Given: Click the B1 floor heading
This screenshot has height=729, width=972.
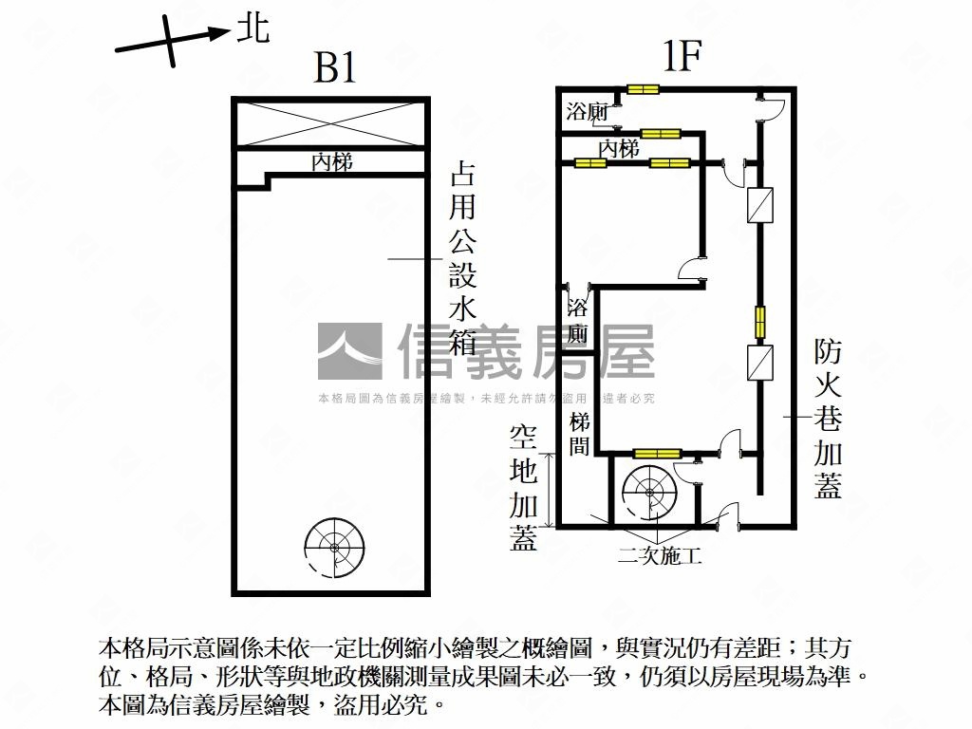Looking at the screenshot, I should point(335,67).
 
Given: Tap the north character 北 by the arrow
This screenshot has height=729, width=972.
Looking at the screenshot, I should point(252,28).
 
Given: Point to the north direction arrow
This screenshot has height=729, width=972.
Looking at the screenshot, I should point(171,40).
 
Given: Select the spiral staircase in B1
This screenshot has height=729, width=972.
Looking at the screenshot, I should point(333,547).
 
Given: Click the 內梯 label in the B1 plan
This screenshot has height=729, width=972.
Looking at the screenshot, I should point(332,162).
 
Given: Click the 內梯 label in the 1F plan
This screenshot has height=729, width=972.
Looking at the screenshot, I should point(619,149).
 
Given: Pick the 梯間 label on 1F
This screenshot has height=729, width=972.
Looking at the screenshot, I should point(581,433).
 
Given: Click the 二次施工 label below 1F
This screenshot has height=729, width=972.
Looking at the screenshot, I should point(659,556).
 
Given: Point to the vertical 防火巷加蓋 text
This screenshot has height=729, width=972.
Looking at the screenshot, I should point(827,419).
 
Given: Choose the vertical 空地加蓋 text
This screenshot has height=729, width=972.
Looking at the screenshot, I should point(523,487).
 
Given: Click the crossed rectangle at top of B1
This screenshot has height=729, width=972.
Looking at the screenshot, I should point(330,122).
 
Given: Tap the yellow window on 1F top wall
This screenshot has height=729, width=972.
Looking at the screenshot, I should point(643,90).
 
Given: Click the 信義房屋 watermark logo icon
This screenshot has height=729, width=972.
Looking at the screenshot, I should point(349,351).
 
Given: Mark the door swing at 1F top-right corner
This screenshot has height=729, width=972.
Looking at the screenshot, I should point(771,104).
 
